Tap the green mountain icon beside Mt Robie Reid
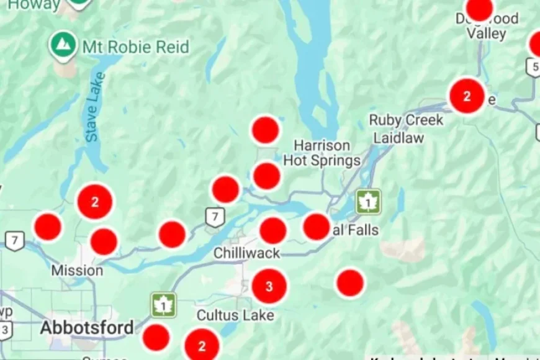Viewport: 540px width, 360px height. (63, 44)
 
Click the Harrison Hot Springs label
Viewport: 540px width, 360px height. (322, 153)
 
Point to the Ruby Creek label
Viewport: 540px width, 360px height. (406, 120)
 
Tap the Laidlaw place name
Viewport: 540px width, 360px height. (398, 137)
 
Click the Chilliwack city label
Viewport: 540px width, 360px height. (246, 253)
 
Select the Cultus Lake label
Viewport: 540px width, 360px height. (235, 315)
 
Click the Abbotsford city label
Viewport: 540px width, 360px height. (87, 328)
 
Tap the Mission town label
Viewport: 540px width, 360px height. (77, 271)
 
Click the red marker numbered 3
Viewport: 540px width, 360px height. (269, 286)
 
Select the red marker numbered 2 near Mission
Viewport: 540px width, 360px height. (95, 202)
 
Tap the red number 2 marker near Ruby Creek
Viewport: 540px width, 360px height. (467, 96)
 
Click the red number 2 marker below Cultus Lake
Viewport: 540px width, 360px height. (202, 346)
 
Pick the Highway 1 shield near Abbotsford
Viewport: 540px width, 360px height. (163, 305)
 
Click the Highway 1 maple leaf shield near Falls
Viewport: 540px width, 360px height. (368, 202)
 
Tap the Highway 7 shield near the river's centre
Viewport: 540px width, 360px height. (215, 217)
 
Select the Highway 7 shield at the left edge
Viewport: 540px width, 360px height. (14, 240)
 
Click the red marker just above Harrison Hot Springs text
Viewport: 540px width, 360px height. (265, 130)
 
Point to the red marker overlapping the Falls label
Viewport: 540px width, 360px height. (317, 227)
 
